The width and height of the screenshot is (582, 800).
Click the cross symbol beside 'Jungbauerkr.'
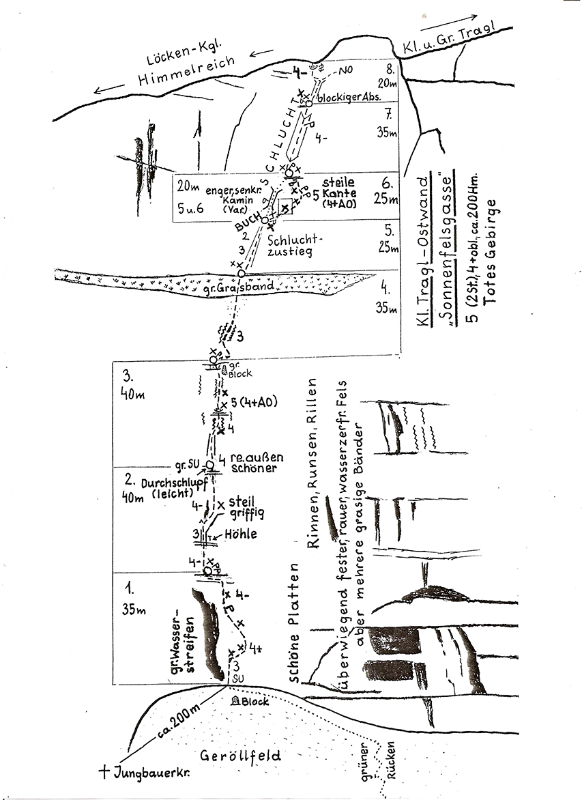[104, 772]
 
